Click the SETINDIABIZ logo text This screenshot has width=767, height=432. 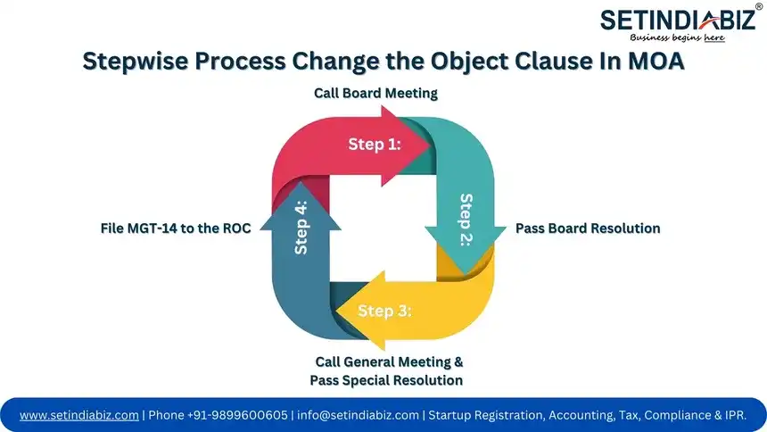click(676, 21)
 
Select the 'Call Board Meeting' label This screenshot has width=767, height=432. click(375, 93)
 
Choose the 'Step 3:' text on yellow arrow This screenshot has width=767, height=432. click(384, 311)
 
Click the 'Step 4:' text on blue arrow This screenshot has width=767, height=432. click(301, 228)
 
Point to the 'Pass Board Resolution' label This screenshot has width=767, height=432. click(588, 228)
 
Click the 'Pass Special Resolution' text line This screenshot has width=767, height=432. click(386, 380)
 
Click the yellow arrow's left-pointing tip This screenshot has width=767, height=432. click(336, 310)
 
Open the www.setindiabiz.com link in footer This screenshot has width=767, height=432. click(79, 415)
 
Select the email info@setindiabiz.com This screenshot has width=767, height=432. click(358, 415)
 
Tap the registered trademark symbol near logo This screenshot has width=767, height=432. click(758, 6)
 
